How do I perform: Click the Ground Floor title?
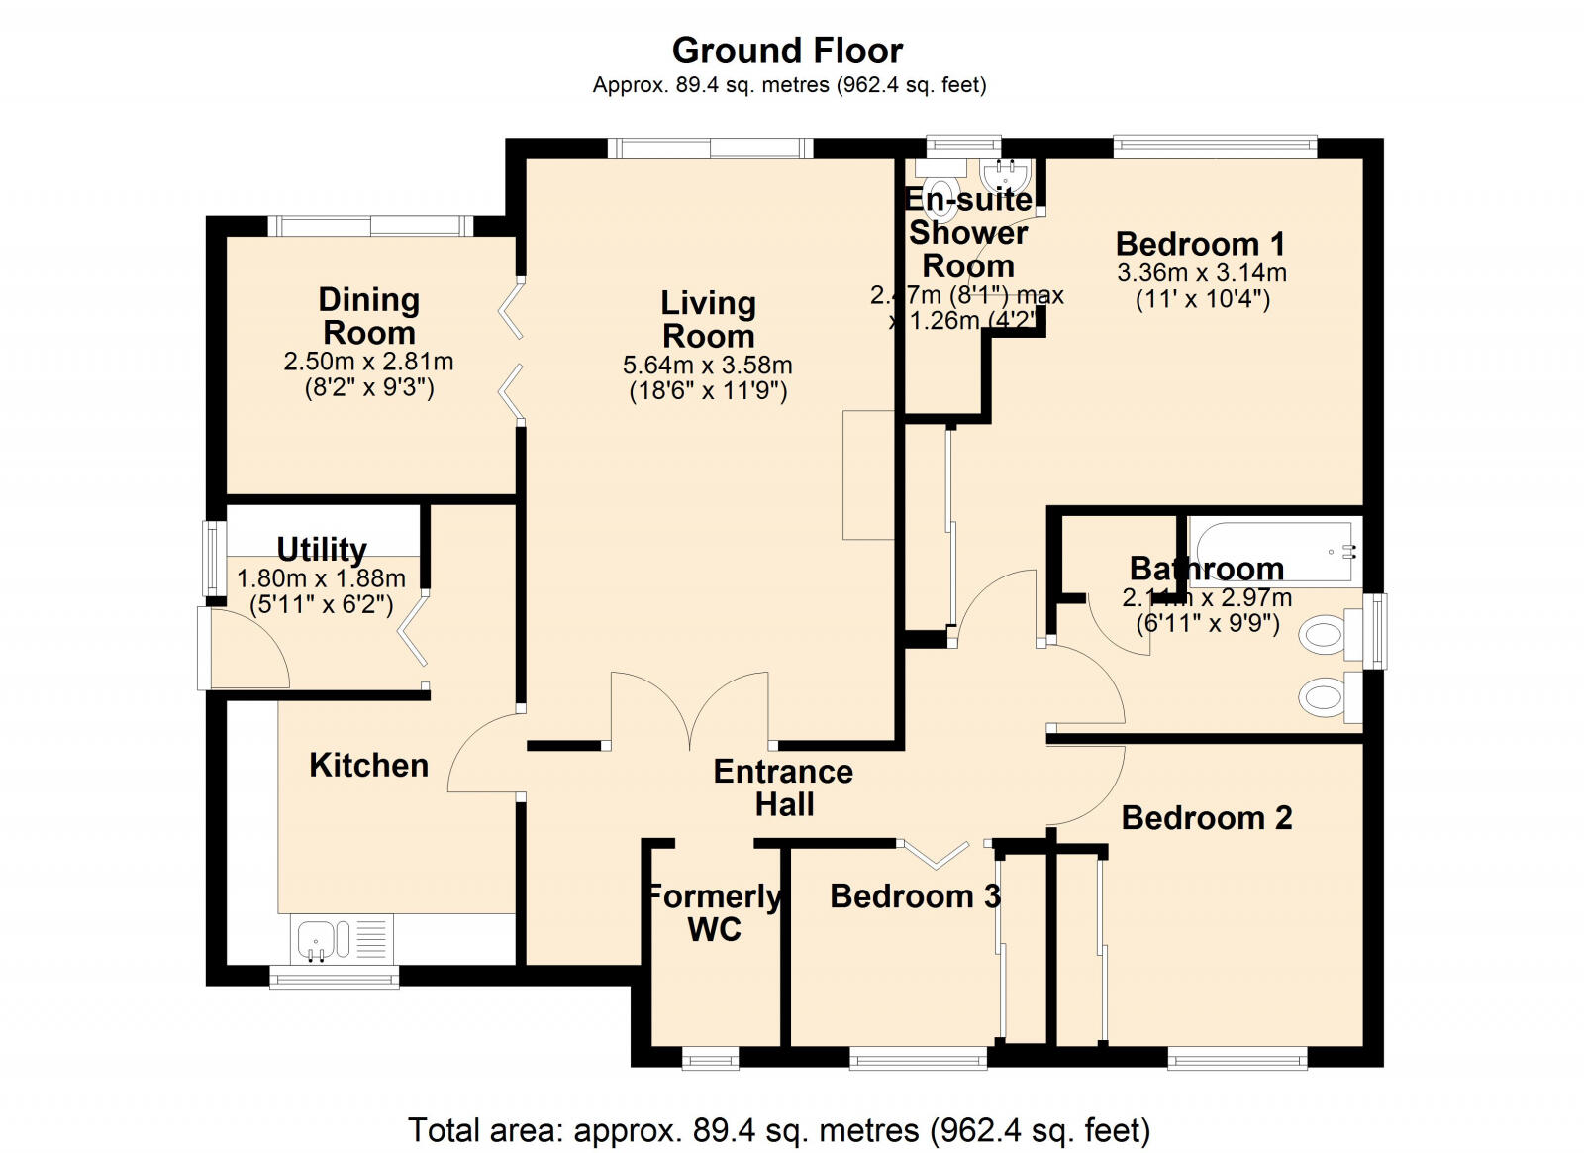coord(787,51)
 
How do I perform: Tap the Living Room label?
coord(708,319)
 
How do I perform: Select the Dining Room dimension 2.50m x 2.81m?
coord(368,362)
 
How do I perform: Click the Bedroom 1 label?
coord(1200,244)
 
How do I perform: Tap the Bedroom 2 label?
coord(1206,818)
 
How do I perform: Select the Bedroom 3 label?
coord(914,896)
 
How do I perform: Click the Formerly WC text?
coord(713,912)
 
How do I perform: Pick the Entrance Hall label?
coord(783,787)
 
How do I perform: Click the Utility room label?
coord(322,549)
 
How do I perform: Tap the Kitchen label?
coord(368,765)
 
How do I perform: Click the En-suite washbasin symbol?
coord(1007,174)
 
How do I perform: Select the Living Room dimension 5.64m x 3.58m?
coord(707,366)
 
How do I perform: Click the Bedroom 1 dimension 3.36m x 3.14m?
coord(1201,272)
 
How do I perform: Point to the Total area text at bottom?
coord(778,1129)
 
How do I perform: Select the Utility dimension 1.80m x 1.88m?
coord(321,578)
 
